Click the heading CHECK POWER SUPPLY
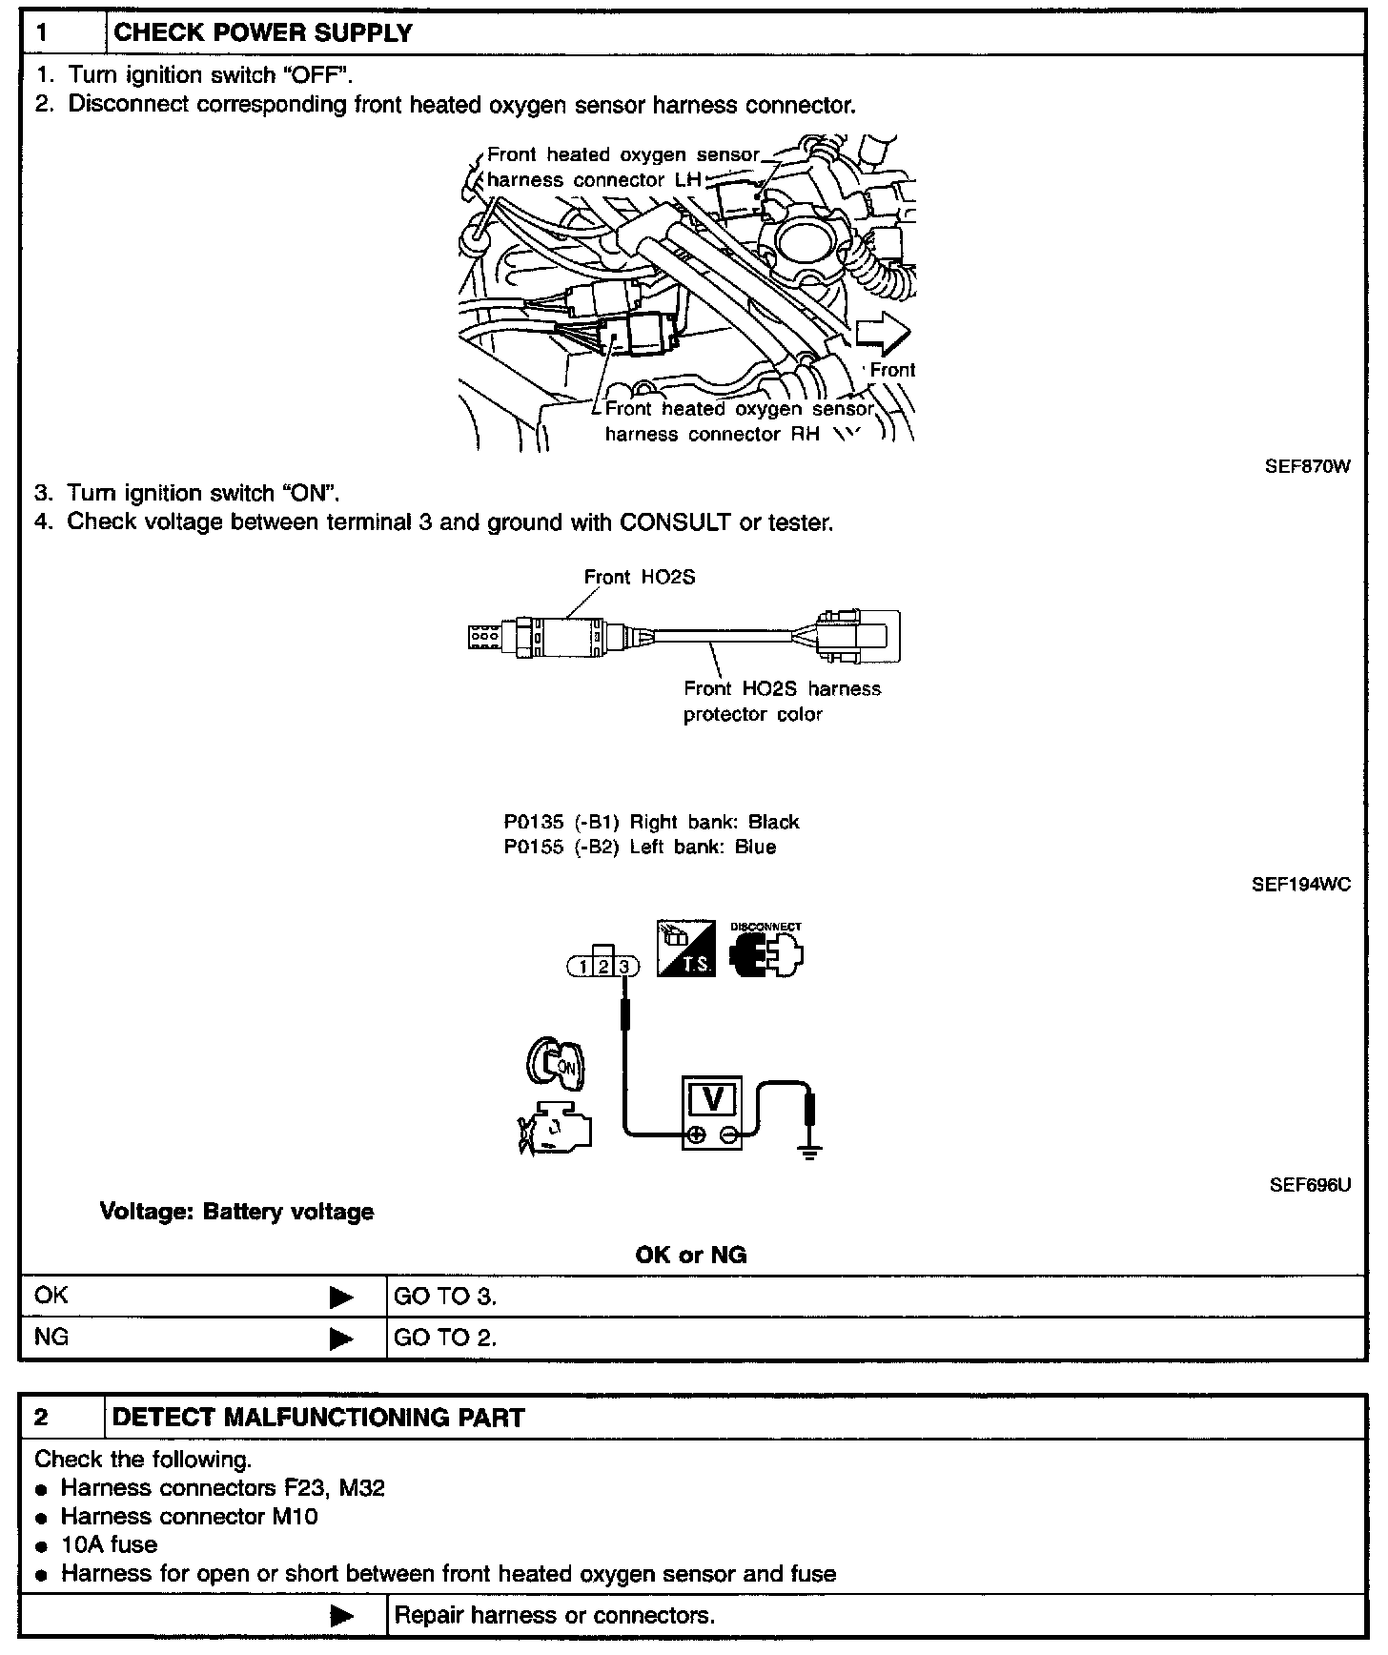click(263, 33)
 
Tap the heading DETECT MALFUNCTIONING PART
click(318, 1418)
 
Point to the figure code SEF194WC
click(1300, 885)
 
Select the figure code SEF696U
click(1310, 1185)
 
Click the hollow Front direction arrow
click(883, 335)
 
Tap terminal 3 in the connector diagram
click(624, 967)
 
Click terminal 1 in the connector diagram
click(582, 967)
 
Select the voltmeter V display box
click(712, 1100)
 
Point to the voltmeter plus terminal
click(697, 1134)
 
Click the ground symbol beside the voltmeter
click(810, 1152)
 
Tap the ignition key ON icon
click(556, 1064)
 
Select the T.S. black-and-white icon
click(685, 949)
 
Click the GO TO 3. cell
click(446, 1297)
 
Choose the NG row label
click(51, 1338)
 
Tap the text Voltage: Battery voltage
click(236, 1213)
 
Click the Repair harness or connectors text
click(555, 1615)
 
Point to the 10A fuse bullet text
click(109, 1544)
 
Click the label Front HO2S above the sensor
click(639, 577)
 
